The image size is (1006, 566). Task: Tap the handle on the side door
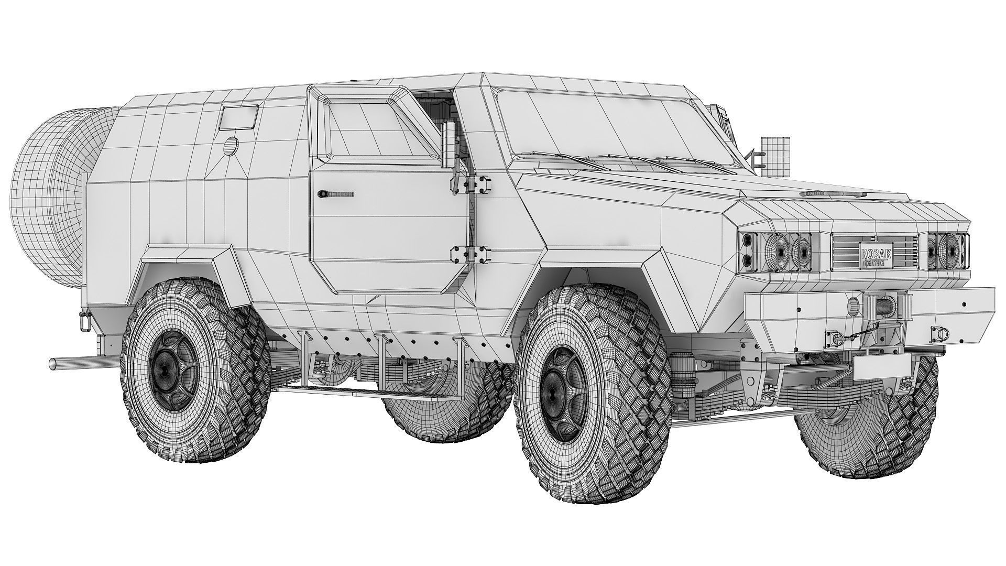pos(335,193)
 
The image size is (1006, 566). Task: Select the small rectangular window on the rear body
pos(239,117)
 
